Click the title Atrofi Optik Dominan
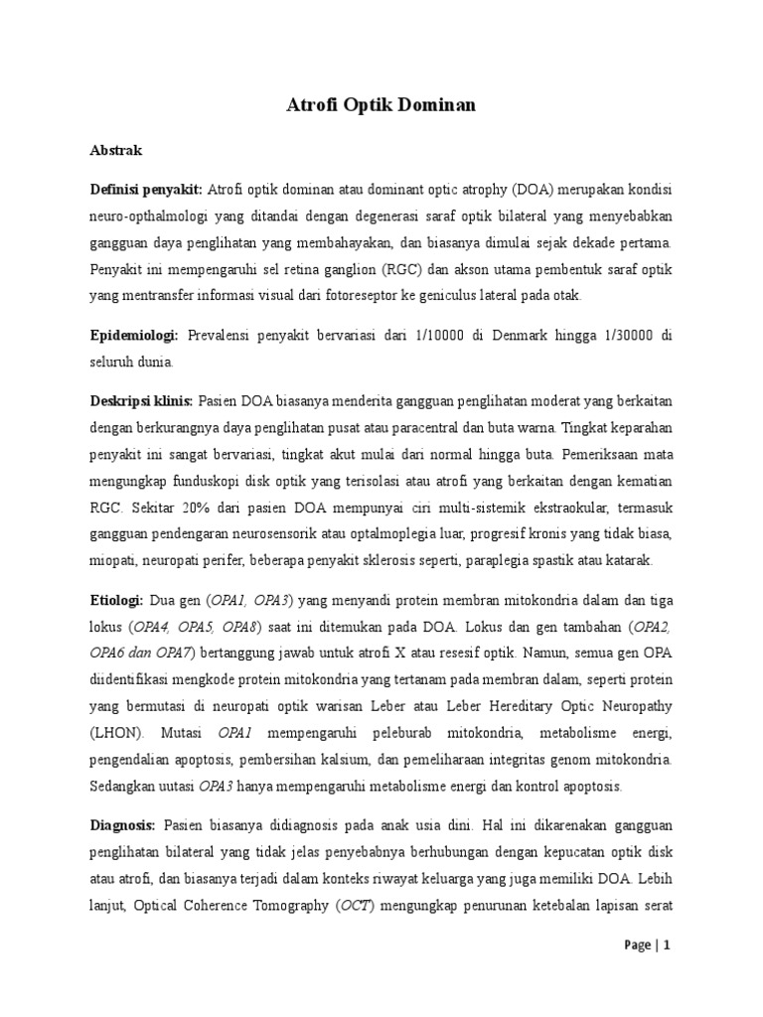[x=381, y=105]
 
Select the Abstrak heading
[x=116, y=151]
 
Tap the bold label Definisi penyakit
[x=145, y=190]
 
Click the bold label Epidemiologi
[x=135, y=337]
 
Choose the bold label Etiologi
[x=117, y=601]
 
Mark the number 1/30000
[x=626, y=337]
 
